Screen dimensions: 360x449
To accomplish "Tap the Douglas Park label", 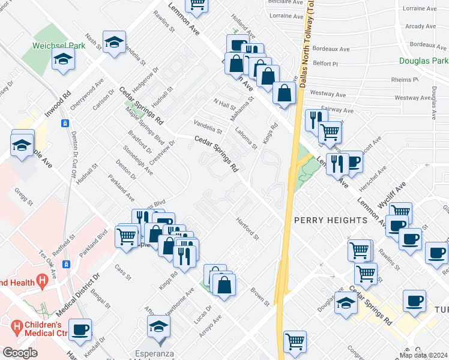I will [x=424, y=61].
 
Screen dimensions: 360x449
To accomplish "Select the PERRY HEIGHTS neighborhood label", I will [x=330, y=220].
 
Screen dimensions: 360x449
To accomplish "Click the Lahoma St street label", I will [x=246, y=138].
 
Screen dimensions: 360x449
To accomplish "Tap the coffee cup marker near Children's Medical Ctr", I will [x=80, y=329].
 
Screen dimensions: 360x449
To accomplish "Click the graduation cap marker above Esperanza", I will [x=159, y=326].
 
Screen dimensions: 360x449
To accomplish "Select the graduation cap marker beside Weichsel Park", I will [x=62, y=59].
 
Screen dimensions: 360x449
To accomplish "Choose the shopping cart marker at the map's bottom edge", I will [x=295, y=342].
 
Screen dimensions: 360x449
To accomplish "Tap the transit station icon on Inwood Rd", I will [x=65, y=123].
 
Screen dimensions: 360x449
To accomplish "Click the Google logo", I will [x=20, y=353].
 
